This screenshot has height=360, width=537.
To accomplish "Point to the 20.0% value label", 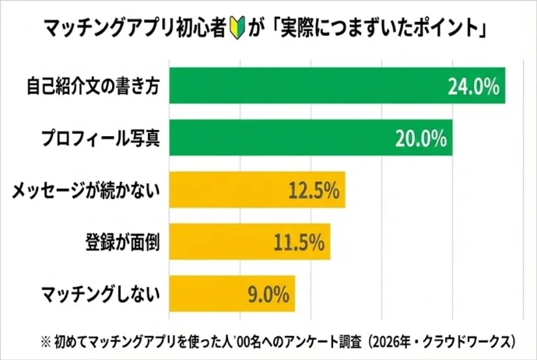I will [x=420, y=139].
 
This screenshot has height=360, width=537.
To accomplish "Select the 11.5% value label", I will [x=298, y=243].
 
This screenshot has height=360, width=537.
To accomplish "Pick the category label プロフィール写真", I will [x=100, y=139].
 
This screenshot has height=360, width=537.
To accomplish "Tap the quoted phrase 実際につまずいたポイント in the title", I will [x=381, y=30].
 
